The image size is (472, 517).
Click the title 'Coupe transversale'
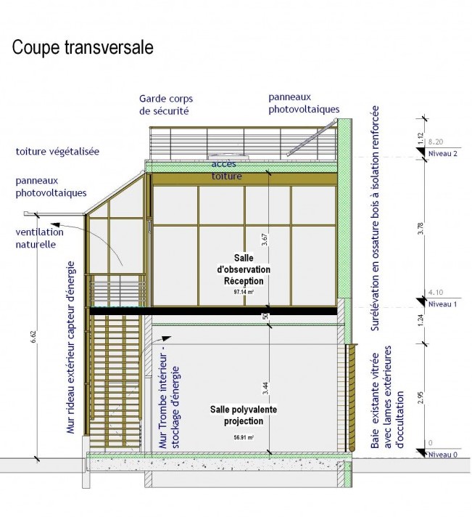click(x=82, y=48)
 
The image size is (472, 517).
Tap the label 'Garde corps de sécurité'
click(x=172, y=105)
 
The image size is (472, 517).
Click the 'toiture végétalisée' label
click(x=57, y=152)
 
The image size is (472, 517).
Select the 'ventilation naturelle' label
click(x=39, y=239)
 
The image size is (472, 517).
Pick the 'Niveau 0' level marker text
click(x=441, y=455)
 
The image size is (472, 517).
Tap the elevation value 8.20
click(x=436, y=142)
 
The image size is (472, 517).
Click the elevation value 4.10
click(x=436, y=293)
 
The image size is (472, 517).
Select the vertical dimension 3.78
click(x=423, y=229)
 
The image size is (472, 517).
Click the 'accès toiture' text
click(x=227, y=171)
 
